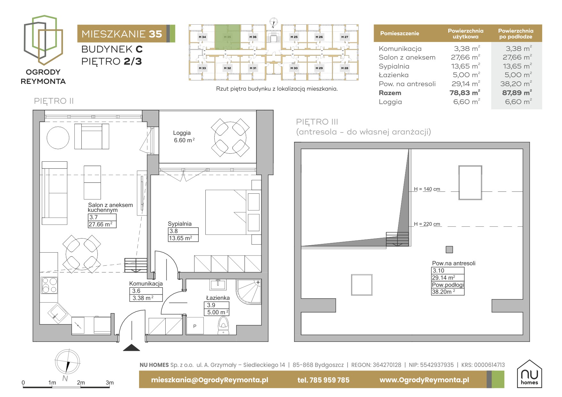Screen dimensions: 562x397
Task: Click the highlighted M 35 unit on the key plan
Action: [x=227, y=37]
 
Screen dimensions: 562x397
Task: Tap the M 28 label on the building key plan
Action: [x=344, y=68]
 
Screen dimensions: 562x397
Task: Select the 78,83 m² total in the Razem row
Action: [x=465, y=93]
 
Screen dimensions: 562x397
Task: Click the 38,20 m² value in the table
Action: [x=516, y=84]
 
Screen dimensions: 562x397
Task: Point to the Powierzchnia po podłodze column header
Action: [x=516, y=34]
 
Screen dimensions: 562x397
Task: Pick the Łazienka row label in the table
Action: [x=393, y=75]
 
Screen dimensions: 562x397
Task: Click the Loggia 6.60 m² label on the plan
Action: [x=184, y=137]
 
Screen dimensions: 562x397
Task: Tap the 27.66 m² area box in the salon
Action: [x=102, y=224]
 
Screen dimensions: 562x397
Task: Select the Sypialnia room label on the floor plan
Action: [x=180, y=224]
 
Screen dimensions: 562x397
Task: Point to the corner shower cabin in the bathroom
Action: [x=249, y=291]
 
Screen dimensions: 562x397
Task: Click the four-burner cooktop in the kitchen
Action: [x=49, y=285]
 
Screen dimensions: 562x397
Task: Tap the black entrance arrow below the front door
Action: [x=132, y=347]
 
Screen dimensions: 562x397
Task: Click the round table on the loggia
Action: [x=230, y=138]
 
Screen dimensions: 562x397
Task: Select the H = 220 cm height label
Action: [x=427, y=224]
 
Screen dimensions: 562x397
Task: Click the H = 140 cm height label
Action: [x=427, y=189]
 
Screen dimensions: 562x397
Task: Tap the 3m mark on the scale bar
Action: [x=110, y=383]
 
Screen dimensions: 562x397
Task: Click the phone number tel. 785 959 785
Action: [x=323, y=380]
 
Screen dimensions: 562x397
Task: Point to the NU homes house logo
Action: [x=529, y=374]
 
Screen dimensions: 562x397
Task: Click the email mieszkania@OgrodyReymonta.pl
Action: [x=210, y=380]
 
